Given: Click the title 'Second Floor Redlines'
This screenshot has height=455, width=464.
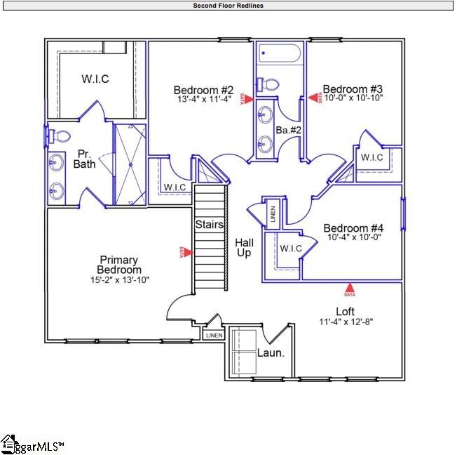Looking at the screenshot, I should (228, 6).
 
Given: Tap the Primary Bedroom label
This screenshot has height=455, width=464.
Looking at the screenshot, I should (119, 265).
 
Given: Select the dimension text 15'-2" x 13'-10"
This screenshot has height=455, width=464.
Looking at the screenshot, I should (119, 279).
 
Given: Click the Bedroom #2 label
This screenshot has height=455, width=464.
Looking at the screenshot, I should (203, 90).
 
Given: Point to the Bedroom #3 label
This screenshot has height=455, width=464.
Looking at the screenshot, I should (352, 89).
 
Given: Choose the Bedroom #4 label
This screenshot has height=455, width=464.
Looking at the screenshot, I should (353, 228).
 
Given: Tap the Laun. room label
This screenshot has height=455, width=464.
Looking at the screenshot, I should (271, 353).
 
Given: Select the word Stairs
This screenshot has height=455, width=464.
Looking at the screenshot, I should (210, 225).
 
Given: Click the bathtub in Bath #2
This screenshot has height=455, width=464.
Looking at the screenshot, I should (279, 54).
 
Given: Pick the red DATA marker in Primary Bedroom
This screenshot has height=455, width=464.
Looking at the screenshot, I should (181, 251).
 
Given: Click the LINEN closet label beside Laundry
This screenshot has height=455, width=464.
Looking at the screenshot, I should (213, 336).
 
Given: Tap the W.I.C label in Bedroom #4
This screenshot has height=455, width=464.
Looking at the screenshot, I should (291, 248).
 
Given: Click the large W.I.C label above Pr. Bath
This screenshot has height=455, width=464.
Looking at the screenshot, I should (95, 79).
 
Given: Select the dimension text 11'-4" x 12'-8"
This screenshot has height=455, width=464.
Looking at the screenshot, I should (345, 322).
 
